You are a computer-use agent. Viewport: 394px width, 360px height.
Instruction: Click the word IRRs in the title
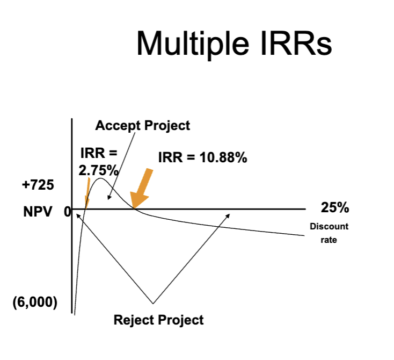pyautogui.click(x=296, y=43)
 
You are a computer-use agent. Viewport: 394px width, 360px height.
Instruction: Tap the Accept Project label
pyautogui.click(x=142, y=126)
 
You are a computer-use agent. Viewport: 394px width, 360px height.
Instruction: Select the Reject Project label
pyautogui.click(x=158, y=320)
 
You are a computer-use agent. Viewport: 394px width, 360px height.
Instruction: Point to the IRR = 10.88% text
pyautogui.click(x=202, y=158)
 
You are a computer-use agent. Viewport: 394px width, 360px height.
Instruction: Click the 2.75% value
pyautogui.click(x=98, y=170)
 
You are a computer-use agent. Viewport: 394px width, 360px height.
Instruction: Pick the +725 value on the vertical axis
pyautogui.click(x=38, y=185)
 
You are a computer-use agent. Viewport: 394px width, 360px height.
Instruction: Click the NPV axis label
pyautogui.click(x=38, y=212)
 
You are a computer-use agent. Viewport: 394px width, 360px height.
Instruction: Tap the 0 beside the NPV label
pyautogui.click(x=67, y=212)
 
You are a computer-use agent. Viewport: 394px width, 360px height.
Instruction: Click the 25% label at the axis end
pyautogui.click(x=335, y=207)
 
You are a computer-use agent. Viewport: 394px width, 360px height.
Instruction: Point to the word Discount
pyautogui.click(x=329, y=226)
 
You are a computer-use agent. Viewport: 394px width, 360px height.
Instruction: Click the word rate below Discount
pyautogui.click(x=329, y=240)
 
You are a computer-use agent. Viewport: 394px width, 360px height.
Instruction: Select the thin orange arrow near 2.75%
pyautogui.click(x=87, y=193)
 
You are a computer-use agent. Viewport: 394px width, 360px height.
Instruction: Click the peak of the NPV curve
pyautogui.click(x=100, y=178)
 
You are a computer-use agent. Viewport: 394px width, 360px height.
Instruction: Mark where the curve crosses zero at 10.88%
pyautogui.click(x=135, y=209)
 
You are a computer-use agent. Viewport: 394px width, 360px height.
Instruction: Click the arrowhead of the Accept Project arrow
pyautogui.click(x=109, y=198)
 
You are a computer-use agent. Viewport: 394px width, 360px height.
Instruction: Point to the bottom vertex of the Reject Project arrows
pyautogui.click(x=153, y=304)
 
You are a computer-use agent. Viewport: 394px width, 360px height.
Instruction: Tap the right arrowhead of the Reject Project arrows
pyautogui.click(x=228, y=215)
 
